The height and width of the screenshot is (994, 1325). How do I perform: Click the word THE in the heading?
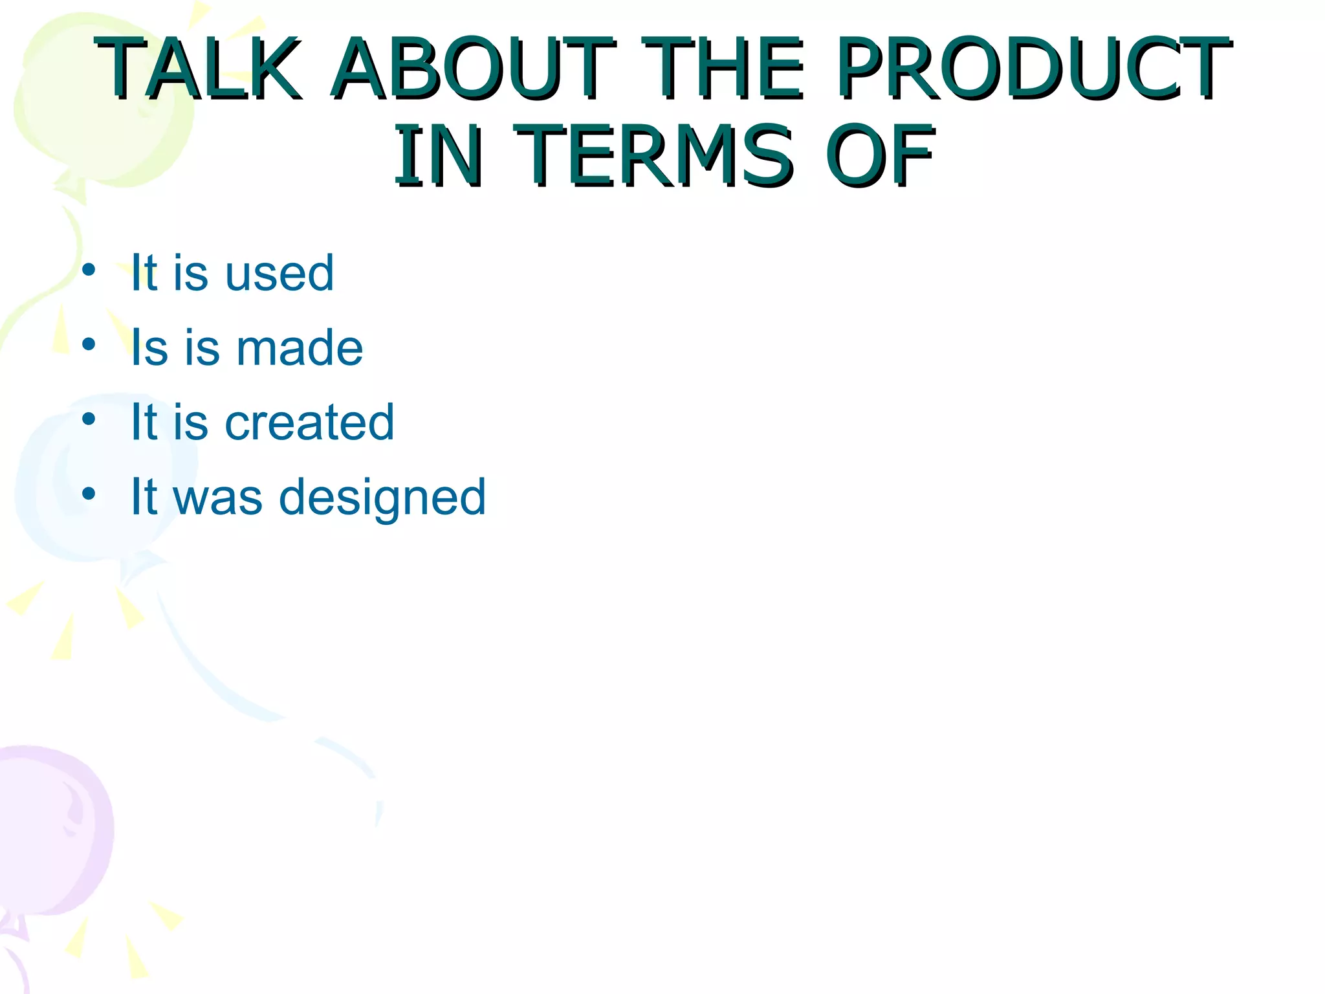pos(723,69)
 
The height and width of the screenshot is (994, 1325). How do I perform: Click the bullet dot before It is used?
pos(89,269)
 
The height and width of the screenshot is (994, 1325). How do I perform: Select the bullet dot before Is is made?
pos(89,344)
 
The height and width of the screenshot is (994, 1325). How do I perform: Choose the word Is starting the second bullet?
pos(149,348)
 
